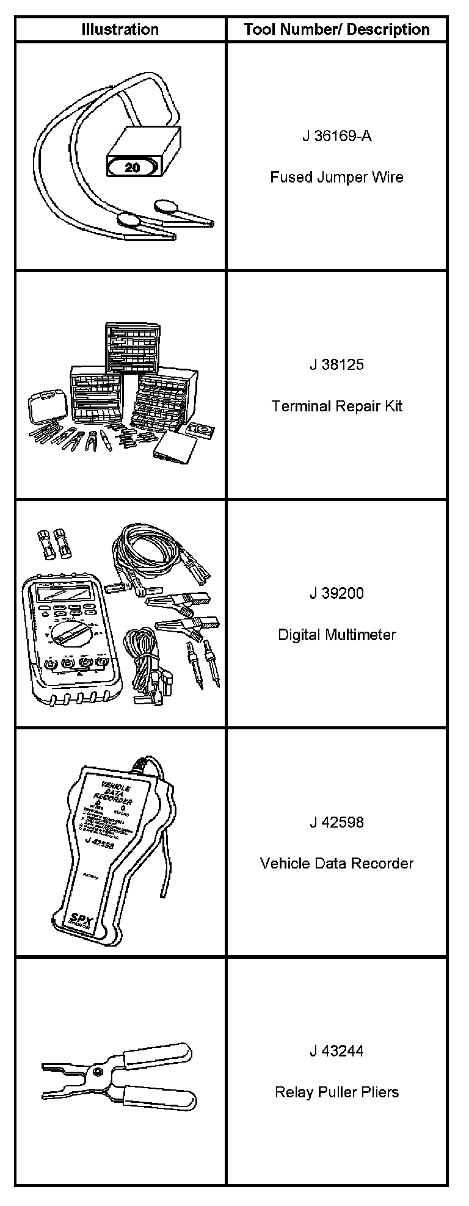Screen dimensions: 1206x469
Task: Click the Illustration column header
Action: pyautogui.click(x=120, y=29)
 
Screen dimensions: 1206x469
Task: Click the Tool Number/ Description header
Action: pyautogui.click(x=336, y=29)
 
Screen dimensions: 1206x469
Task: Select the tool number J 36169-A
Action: pyautogui.click(x=336, y=136)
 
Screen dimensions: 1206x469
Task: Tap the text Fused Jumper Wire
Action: pyautogui.click(x=336, y=178)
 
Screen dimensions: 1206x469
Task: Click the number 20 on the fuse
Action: pyautogui.click(x=133, y=167)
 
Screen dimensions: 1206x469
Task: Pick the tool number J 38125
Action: pyautogui.click(x=336, y=365)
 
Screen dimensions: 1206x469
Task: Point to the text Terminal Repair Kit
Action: pyautogui.click(x=336, y=406)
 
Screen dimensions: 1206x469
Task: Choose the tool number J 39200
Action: pyautogui.click(x=336, y=593)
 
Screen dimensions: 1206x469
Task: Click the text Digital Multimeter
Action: pyautogui.click(x=336, y=635)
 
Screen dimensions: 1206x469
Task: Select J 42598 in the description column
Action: pyautogui.click(x=336, y=822)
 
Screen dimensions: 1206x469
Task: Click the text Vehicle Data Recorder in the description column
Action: pyautogui.click(x=336, y=864)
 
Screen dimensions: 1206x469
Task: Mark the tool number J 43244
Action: pyautogui.click(x=336, y=1051)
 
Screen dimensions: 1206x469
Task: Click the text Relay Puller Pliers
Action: pyautogui.click(x=336, y=1092)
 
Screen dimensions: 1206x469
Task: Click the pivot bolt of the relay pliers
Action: pyautogui.click(x=97, y=1073)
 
